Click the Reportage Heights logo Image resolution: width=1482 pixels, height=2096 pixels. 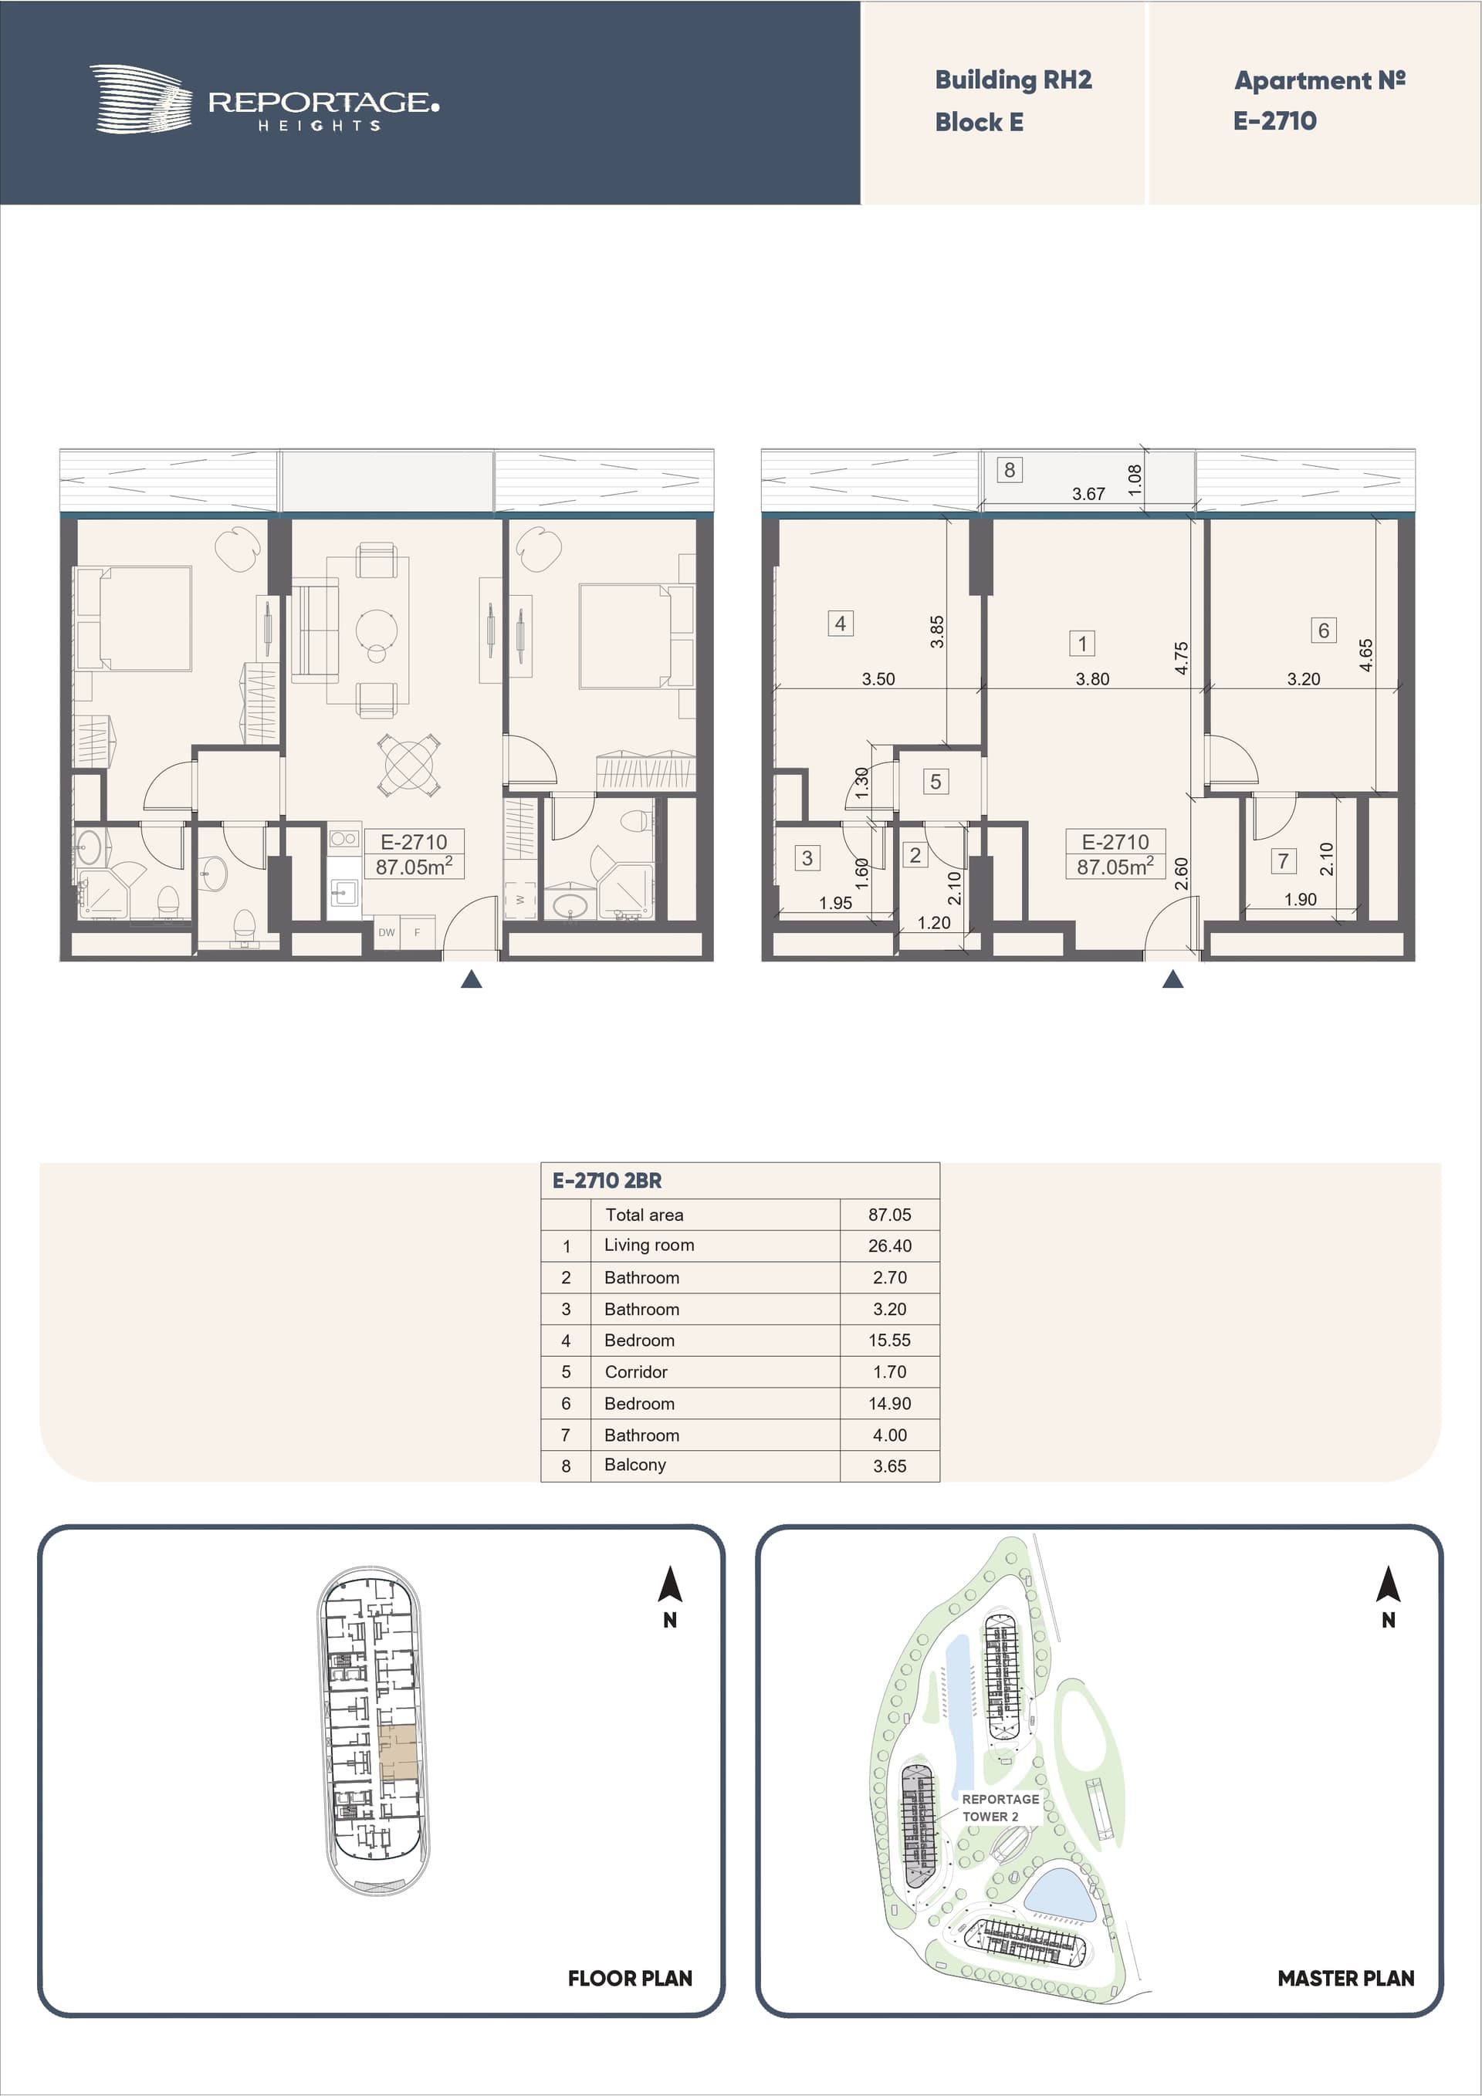[264, 100]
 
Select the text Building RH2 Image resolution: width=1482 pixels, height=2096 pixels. [1013, 80]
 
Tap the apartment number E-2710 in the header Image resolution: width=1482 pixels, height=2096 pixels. [1274, 120]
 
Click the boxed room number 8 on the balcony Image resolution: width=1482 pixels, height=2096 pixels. [1009, 469]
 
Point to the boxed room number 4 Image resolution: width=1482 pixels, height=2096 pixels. [840, 624]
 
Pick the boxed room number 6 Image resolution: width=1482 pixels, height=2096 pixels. [1323, 630]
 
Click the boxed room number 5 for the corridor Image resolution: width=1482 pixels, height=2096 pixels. [935, 782]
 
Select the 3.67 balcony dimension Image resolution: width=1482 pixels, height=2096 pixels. [1088, 494]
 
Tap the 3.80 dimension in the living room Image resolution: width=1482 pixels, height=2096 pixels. [1092, 678]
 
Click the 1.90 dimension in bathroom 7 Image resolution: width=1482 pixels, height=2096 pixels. [1301, 899]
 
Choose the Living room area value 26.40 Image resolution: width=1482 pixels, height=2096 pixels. [889, 1246]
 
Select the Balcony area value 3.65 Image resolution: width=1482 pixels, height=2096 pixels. [889, 1466]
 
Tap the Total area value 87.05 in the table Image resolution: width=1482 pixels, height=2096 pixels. [889, 1214]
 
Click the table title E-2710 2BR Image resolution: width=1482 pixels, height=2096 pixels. [607, 1181]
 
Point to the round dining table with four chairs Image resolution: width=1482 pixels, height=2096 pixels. [409, 765]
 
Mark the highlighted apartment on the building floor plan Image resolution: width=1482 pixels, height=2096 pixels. [398, 1752]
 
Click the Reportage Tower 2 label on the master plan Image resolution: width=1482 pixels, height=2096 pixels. [1000, 1807]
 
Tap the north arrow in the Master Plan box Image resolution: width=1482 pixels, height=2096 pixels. [1388, 1583]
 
